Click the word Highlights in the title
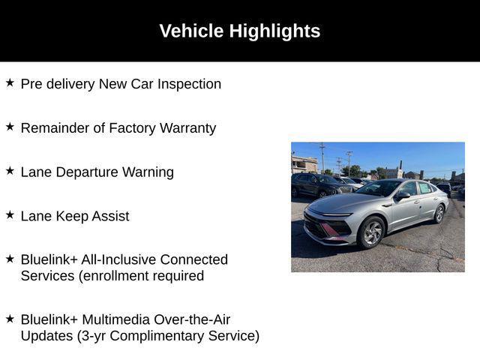point(274,31)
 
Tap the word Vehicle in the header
point(192,31)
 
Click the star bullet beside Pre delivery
point(10,82)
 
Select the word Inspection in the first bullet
point(189,84)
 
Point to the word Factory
point(132,128)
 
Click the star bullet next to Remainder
point(10,127)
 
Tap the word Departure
point(87,172)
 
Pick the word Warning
point(148,172)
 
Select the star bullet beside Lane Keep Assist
point(10,215)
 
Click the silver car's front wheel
point(372,232)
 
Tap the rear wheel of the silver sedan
point(439,214)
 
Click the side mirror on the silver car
point(402,196)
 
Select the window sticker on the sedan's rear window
point(424,187)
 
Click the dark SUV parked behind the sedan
point(319,185)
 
